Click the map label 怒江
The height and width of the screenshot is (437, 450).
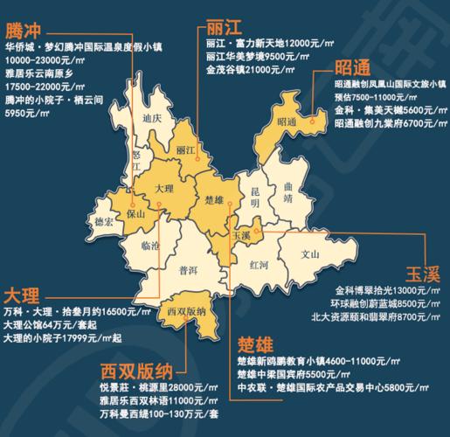coord(135,162)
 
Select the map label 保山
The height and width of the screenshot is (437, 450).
coord(134,212)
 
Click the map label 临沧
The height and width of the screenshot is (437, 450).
coord(140,247)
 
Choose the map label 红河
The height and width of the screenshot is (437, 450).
coord(259,263)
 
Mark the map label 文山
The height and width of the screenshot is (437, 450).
coord(311,256)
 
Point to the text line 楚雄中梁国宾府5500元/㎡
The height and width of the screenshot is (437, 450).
coord(287,374)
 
